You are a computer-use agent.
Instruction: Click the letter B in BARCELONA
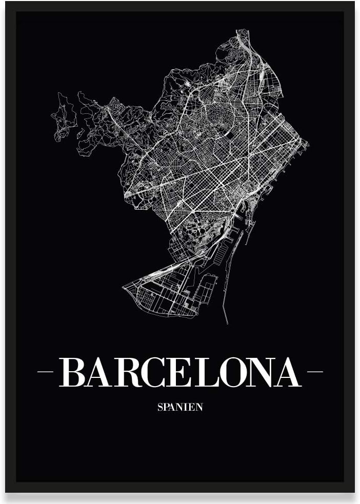pyautogui.click(x=73, y=372)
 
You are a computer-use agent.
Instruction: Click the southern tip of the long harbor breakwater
pyautogui.click(x=226, y=324)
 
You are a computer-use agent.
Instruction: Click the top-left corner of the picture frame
pyautogui.click(x=6, y=3)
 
